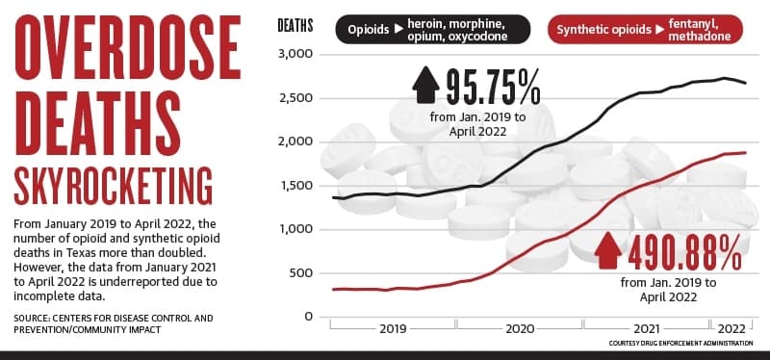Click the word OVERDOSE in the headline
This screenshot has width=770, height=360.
click(x=128, y=47)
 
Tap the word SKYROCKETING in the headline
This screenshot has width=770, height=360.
click(x=114, y=186)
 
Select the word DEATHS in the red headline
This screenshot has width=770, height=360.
click(x=97, y=123)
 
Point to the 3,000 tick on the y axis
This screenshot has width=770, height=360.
click(x=295, y=54)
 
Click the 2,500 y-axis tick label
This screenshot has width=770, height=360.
click(x=295, y=98)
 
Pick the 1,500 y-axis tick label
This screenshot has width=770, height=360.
click(x=296, y=186)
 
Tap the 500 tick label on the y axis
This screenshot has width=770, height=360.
click(x=300, y=273)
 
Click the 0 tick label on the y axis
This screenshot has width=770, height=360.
click(x=308, y=317)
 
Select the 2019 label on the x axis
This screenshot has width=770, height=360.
click(x=393, y=328)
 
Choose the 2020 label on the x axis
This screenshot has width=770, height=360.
click(x=520, y=328)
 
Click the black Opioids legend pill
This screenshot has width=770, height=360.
click(x=433, y=30)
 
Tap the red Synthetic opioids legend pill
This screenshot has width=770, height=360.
click(x=645, y=30)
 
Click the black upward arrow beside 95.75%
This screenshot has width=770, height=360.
click(x=425, y=85)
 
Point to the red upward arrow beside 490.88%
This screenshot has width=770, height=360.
click(x=607, y=250)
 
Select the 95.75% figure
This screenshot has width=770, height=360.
click(x=493, y=88)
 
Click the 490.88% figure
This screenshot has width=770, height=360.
click(x=684, y=252)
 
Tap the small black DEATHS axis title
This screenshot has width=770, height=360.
click(x=295, y=26)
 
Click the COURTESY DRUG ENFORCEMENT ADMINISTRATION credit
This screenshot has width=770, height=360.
click(x=680, y=344)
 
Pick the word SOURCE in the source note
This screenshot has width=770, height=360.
click(x=30, y=319)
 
